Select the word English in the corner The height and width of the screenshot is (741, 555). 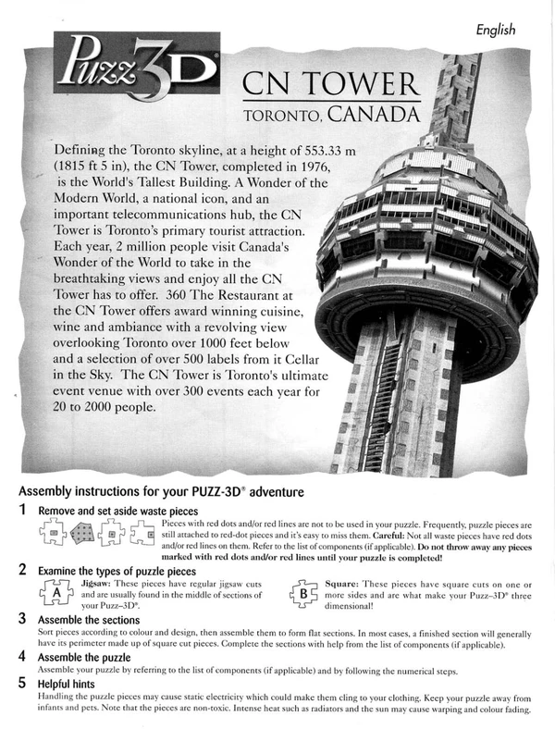496,30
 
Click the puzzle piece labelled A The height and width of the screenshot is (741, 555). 56,592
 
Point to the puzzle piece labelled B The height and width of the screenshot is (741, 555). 302,593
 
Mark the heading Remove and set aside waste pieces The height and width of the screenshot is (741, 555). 117,511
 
